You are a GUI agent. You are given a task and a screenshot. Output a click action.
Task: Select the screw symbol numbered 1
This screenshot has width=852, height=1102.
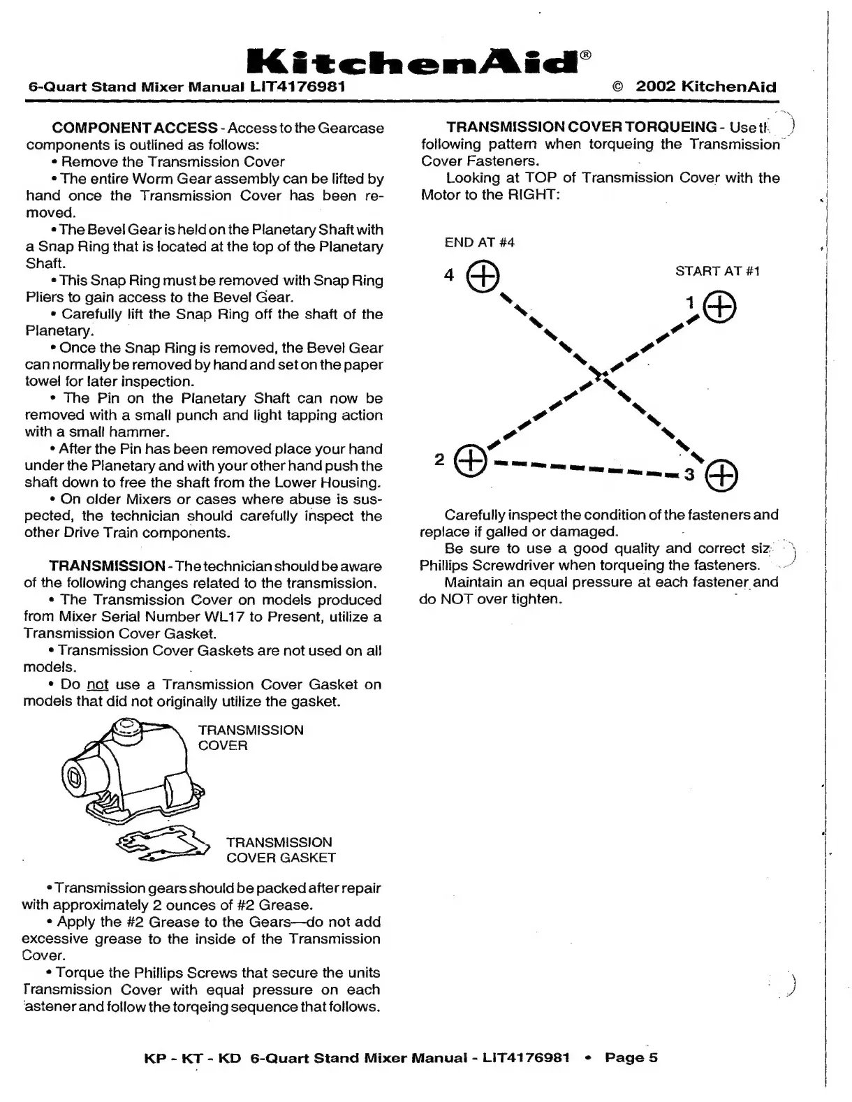(720, 307)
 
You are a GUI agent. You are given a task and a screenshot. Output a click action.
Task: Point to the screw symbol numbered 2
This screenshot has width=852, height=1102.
(470, 460)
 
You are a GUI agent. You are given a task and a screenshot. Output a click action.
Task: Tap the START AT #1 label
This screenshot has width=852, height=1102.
(717, 271)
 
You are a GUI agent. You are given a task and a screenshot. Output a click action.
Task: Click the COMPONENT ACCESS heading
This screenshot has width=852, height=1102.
(135, 128)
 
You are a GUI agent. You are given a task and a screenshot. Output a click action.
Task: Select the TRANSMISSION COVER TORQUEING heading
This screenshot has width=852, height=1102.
(581, 127)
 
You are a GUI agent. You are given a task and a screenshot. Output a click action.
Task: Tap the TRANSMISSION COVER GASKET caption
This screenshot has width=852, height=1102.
(280, 850)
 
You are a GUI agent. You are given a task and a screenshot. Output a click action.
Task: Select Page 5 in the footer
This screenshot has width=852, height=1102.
(631, 1057)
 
